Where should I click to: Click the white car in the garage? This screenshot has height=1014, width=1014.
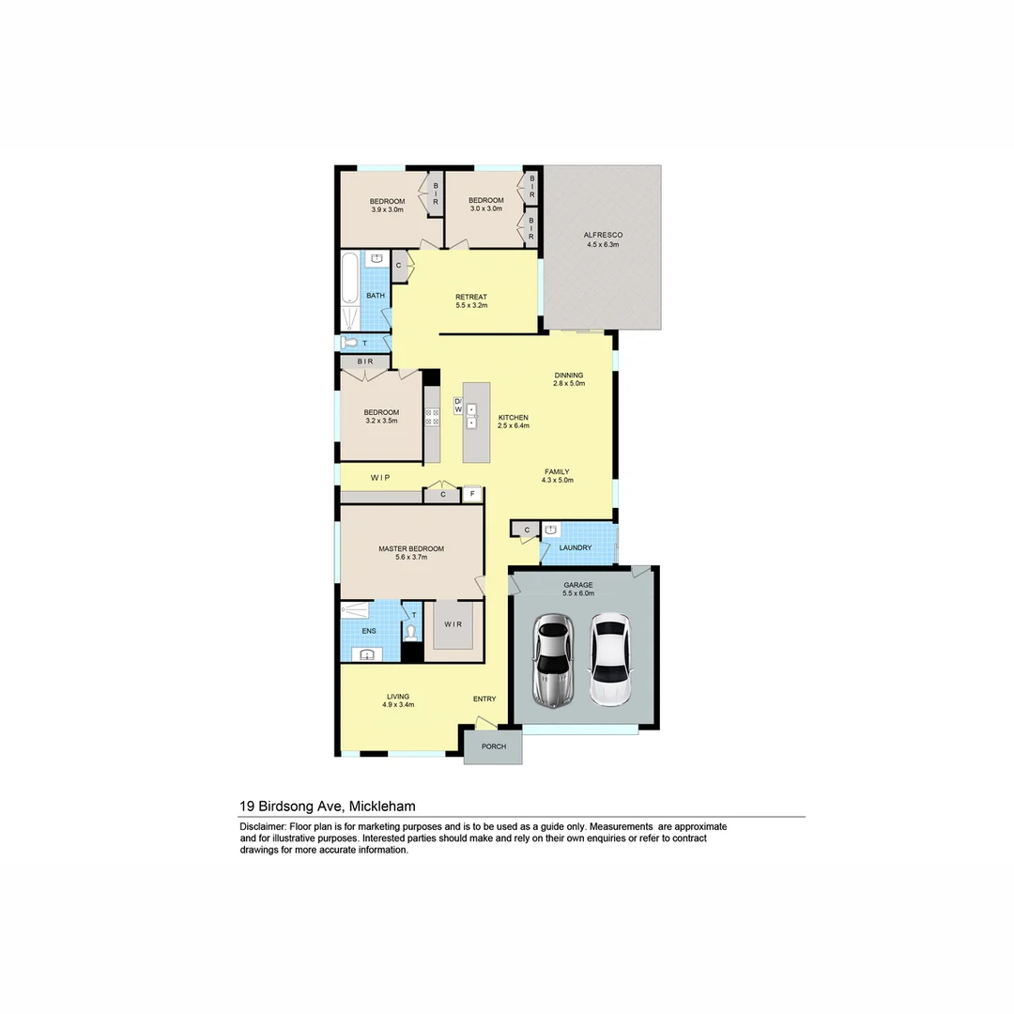pyautogui.click(x=609, y=659)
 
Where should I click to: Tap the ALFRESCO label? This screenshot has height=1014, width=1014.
pyautogui.click(x=603, y=235)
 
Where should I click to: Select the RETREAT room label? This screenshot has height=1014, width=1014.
pyautogui.click(x=471, y=297)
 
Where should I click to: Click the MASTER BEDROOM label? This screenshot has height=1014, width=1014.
pyautogui.click(x=411, y=548)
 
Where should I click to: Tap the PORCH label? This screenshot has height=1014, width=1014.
pyautogui.click(x=494, y=746)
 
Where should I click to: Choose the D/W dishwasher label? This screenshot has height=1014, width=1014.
pyautogui.click(x=458, y=406)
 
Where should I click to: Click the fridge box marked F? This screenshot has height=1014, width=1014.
pyautogui.click(x=472, y=493)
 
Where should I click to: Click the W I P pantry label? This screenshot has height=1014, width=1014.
pyautogui.click(x=380, y=478)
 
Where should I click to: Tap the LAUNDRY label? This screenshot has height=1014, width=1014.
pyautogui.click(x=575, y=547)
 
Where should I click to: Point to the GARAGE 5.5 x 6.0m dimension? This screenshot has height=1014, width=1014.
pyautogui.click(x=578, y=593)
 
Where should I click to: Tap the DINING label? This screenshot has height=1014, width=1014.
pyautogui.click(x=569, y=375)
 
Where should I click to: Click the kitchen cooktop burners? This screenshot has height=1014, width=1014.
pyautogui.click(x=432, y=416)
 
